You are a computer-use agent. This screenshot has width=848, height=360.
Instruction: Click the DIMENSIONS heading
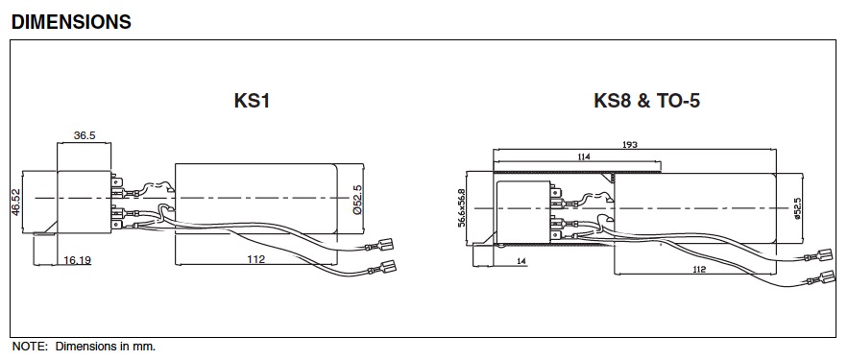tap(71, 22)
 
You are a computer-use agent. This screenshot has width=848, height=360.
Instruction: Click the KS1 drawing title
tap(252, 101)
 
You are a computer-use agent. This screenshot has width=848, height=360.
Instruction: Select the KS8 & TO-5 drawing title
tap(647, 101)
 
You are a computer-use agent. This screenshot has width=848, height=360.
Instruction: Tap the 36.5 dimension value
tap(85, 135)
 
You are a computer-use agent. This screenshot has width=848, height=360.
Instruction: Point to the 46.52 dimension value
tap(15, 203)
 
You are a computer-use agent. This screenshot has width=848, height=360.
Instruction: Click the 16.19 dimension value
tap(78, 260)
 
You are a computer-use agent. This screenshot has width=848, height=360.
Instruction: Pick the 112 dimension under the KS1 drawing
tap(255, 259)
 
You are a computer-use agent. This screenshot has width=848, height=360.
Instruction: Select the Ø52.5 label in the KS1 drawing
tap(357, 200)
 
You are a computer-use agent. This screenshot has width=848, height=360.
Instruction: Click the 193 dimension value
tap(629, 144)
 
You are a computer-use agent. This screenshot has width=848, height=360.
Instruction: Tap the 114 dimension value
tap(584, 156)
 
